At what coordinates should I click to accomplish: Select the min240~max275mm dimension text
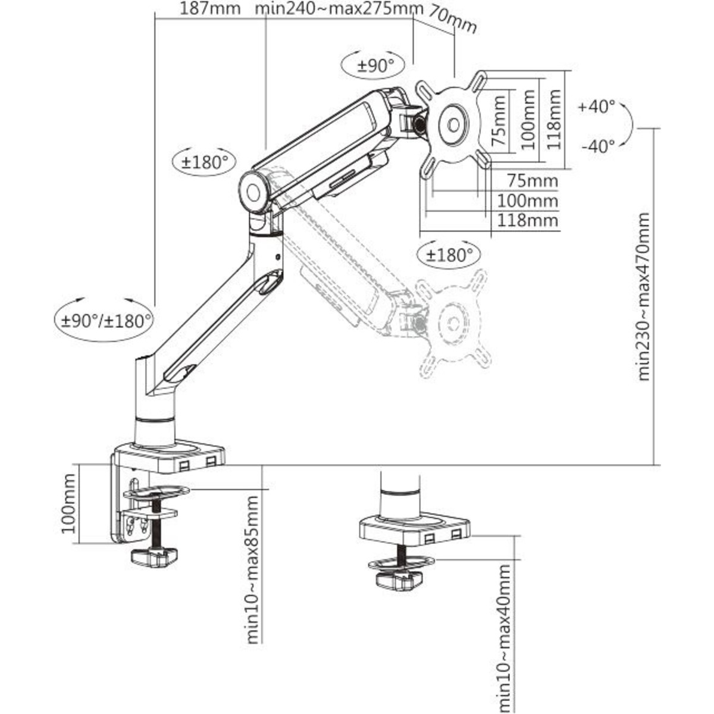point(339,9)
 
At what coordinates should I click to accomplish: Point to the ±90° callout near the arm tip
point(376,65)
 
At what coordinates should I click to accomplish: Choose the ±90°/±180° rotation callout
point(107,321)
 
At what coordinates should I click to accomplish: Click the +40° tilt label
point(596,107)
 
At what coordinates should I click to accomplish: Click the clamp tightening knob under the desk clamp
point(155,558)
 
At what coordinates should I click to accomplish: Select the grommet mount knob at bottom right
point(399,580)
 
